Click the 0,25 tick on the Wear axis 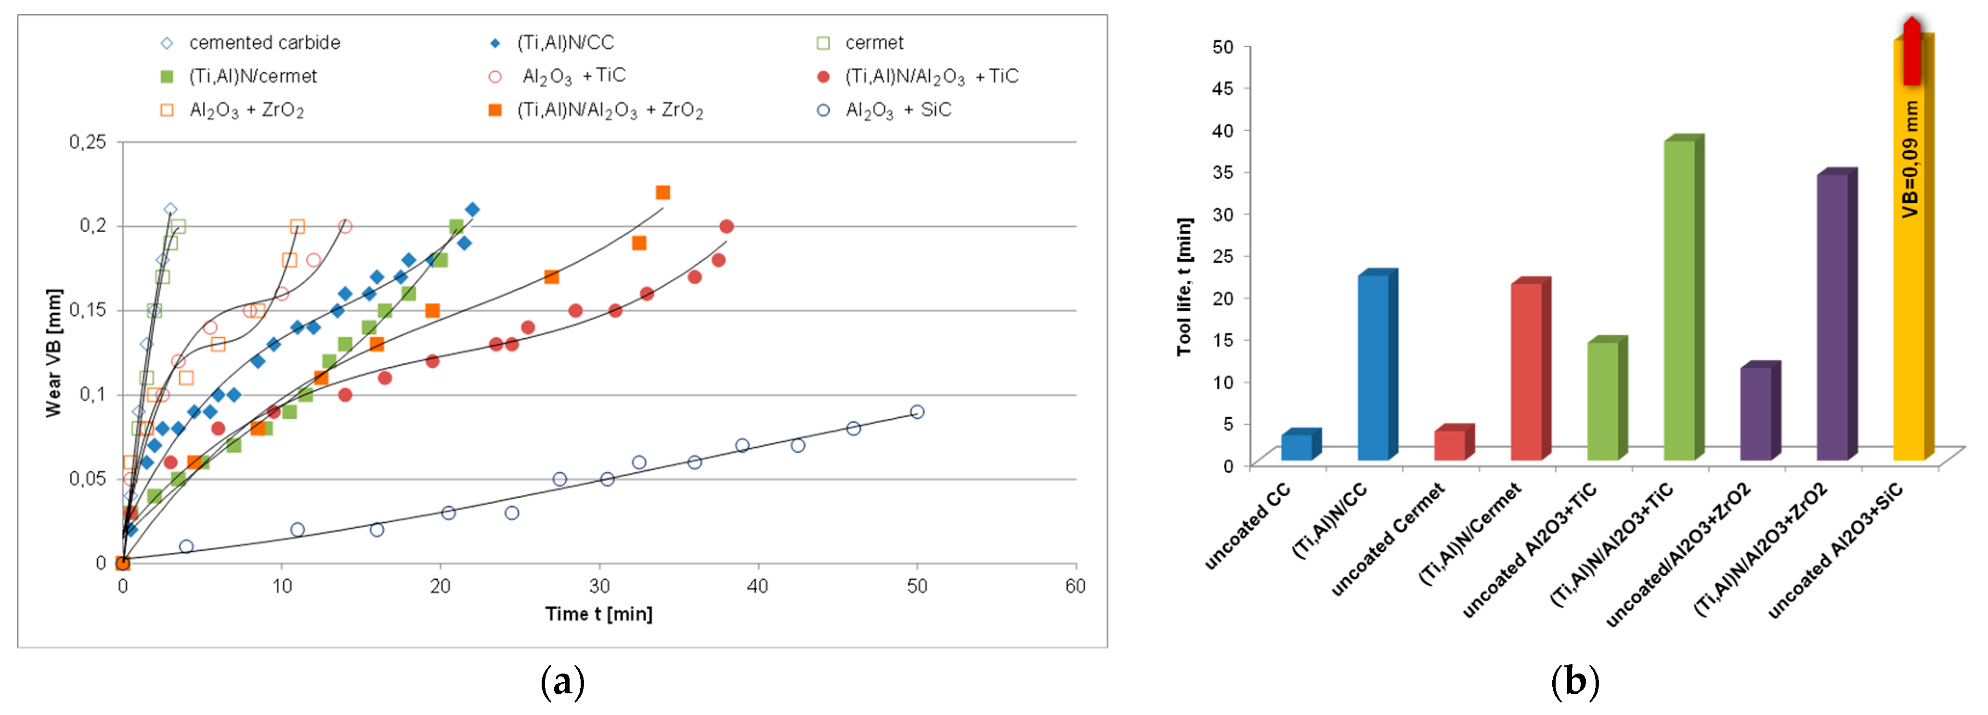87,142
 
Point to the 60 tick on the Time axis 1075,586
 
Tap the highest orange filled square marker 662,192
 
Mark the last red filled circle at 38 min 726,226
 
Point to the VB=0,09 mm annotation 1910,159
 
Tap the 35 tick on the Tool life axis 1223,172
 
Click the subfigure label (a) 562,682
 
